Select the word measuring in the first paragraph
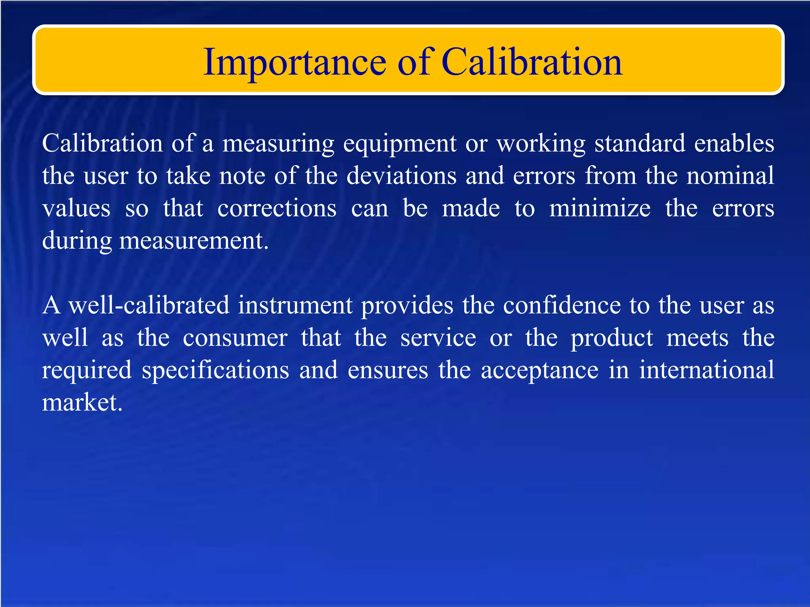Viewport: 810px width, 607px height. click(278, 144)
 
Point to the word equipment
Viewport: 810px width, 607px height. click(399, 145)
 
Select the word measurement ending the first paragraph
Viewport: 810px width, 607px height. click(193, 241)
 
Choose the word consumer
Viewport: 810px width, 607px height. click(235, 338)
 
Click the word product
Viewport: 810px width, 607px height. click(611, 339)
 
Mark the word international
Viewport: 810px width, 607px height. click(706, 370)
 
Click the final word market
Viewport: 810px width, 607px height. click(82, 403)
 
